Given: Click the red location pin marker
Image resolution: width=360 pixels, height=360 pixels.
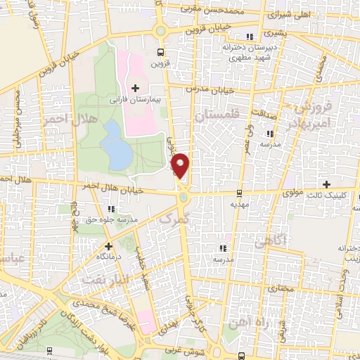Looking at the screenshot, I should (x=181, y=165).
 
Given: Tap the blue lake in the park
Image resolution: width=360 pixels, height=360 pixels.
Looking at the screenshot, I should (x=112, y=143).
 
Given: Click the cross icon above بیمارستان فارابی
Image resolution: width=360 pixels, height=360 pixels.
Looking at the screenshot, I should (x=135, y=88).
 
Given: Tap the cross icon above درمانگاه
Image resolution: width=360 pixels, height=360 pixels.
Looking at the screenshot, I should (x=108, y=246).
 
